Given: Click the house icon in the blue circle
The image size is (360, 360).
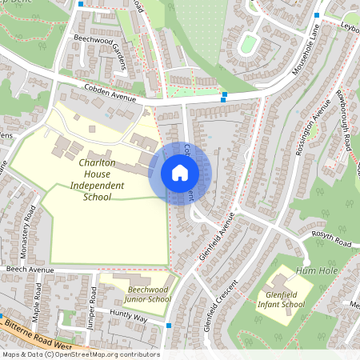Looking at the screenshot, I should tap(180, 173).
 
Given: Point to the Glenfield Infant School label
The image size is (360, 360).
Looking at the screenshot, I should tap(285, 299).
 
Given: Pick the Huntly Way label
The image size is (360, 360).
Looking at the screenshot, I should tap(129, 317).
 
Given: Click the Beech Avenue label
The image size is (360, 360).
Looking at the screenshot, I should tap(24, 270).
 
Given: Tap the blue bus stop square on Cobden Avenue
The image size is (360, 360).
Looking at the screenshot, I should tap(224, 96).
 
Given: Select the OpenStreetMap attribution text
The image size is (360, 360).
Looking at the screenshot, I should tap(80, 354).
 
